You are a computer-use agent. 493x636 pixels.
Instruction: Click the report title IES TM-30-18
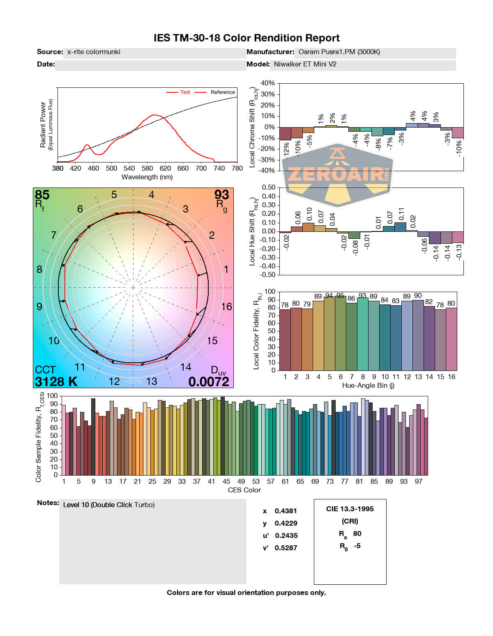pos(246,38)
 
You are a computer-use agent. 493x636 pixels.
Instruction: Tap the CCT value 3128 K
pos(56,382)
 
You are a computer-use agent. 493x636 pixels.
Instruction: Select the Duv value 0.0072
pos(209,382)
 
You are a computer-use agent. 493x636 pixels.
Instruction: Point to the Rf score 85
pos(42,194)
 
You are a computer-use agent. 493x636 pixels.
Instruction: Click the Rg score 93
pos(221,194)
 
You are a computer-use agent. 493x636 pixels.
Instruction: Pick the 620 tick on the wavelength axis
pos(165,168)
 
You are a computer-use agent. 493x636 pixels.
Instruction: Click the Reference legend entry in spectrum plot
pos(223,92)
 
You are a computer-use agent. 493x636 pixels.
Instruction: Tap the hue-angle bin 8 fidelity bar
pos(362,334)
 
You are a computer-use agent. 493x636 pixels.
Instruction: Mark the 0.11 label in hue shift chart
pos(402,214)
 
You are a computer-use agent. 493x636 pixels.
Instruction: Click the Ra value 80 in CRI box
pos(357,533)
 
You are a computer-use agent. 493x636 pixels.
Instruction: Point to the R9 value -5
pos(357,546)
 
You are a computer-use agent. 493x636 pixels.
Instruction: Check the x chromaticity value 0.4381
pos(286,511)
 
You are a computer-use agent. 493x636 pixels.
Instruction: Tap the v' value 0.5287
pos(286,548)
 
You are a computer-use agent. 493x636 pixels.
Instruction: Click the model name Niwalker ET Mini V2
pos(305,64)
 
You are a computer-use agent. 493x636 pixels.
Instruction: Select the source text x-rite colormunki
pos(94,52)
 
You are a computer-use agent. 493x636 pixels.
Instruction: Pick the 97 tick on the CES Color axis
pos(418,481)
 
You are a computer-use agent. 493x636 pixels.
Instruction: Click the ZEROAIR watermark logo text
pos(336,174)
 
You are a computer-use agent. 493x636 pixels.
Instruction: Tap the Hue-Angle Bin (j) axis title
pos(368,386)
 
